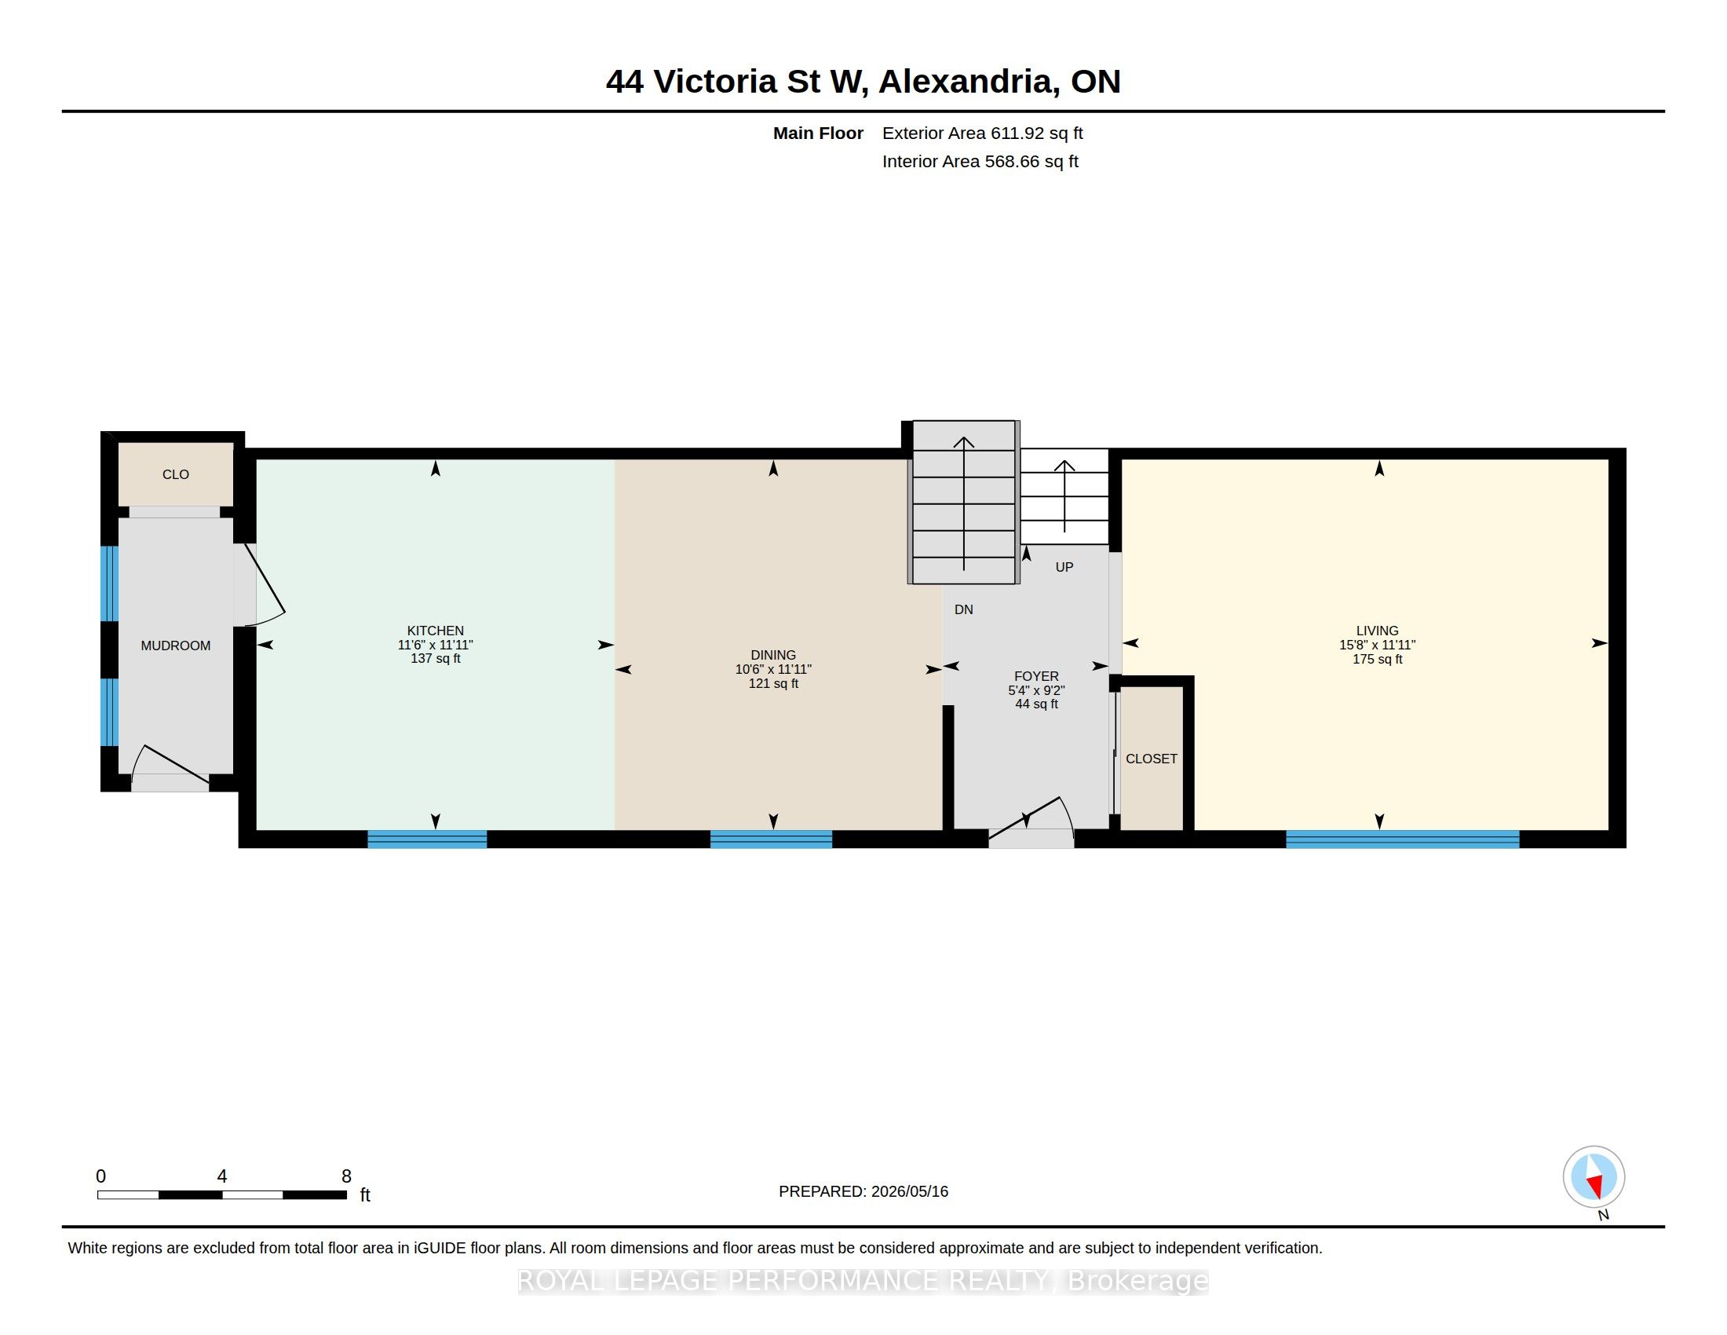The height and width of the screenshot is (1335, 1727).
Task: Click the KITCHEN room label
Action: point(435,631)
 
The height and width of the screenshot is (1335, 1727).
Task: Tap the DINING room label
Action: point(773,655)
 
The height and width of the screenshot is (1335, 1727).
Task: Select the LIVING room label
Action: point(1378,631)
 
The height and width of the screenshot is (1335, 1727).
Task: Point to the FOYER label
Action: point(1036,676)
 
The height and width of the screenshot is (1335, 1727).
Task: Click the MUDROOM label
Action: point(176,646)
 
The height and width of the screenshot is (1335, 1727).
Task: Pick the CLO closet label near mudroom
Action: point(176,474)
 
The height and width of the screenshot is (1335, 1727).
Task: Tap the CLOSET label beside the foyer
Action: point(1152,759)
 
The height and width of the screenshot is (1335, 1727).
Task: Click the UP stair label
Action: point(1064,567)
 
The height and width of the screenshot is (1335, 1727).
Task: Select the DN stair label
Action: point(963,609)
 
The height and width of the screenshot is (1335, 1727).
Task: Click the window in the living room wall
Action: point(1402,839)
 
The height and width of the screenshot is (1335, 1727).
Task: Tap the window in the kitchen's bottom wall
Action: point(427,839)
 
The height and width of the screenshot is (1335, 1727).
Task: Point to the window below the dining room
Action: point(771,839)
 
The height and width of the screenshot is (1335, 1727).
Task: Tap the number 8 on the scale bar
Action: point(346,1176)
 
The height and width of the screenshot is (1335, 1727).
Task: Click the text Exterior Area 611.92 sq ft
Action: point(982,133)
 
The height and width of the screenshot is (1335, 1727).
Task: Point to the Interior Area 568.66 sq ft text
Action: point(980,161)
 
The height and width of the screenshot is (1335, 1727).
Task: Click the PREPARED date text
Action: point(863,1191)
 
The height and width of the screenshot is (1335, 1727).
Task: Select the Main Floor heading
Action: point(818,133)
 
